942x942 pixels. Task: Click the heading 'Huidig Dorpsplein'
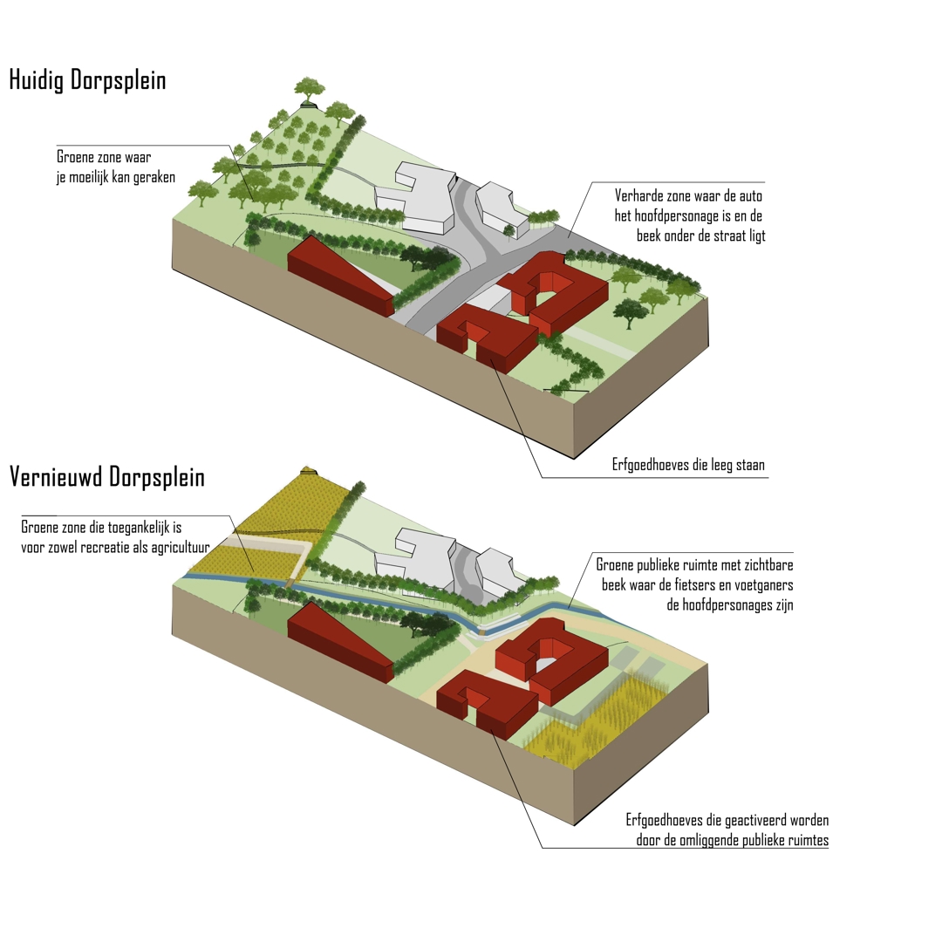[x=88, y=80]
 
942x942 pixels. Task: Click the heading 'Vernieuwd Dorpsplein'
[x=107, y=477]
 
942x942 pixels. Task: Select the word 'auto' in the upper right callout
[x=751, y=196]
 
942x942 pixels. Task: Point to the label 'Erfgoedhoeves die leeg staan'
[x=688, y=465]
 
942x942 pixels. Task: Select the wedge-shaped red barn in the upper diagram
[x=341, y=275]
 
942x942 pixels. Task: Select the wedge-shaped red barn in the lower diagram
[x=341, y=642]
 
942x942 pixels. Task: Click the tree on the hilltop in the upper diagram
[x=310, y=91]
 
